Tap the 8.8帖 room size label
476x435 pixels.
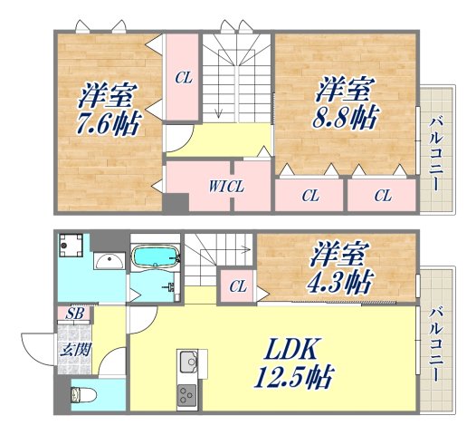(x=347, y=117)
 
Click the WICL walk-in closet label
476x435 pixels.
(x=227, y=188)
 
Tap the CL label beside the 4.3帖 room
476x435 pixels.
(x=238, y=286)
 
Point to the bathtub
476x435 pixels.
(x=156, y=257)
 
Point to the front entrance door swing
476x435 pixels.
(x=38, y=349)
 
